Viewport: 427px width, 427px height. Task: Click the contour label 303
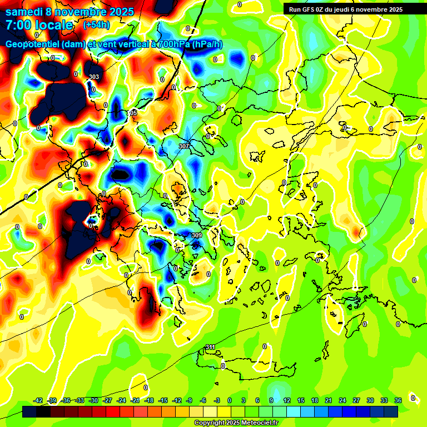[x=94, y=77]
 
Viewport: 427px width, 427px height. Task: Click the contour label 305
[x=132, y=113]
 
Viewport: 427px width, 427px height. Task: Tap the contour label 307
[x=184, y=146]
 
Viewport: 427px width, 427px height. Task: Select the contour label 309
[x=196, y=235]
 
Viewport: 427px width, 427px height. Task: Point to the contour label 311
[x=210, y=347]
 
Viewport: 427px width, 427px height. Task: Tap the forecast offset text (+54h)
[x=96, y=25]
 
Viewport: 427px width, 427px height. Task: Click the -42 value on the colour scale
[x=38, y=400]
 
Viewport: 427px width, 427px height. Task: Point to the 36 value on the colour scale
[x=398, y=400]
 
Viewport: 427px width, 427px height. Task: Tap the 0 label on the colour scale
[x=230, y=400]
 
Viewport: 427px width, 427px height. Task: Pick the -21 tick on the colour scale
[x=135, y=400]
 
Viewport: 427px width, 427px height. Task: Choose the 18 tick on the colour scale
[x=315, y=400]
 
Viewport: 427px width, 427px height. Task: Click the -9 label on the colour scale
[x=189, y=400]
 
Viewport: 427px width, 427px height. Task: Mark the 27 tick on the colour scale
[x=356, y=400]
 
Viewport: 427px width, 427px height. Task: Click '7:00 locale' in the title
[x=39, y=25]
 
